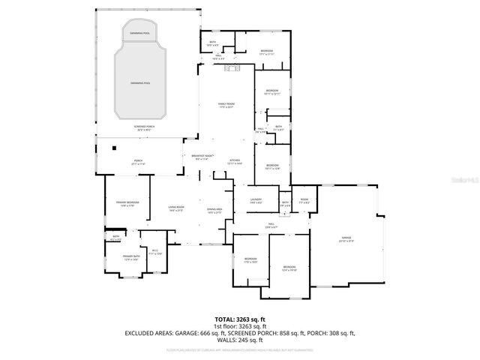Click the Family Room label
[226, 106]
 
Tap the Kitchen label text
[235, 160]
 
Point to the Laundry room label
[256, 199]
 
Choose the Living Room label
[176, 208]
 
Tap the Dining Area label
[214, 210]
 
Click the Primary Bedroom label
[127, 203]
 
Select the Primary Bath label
[131, 258]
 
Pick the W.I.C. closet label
[155, 252]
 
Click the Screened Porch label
[143, 128]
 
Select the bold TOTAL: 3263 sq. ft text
[240, 319]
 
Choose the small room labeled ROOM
[304, 201]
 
